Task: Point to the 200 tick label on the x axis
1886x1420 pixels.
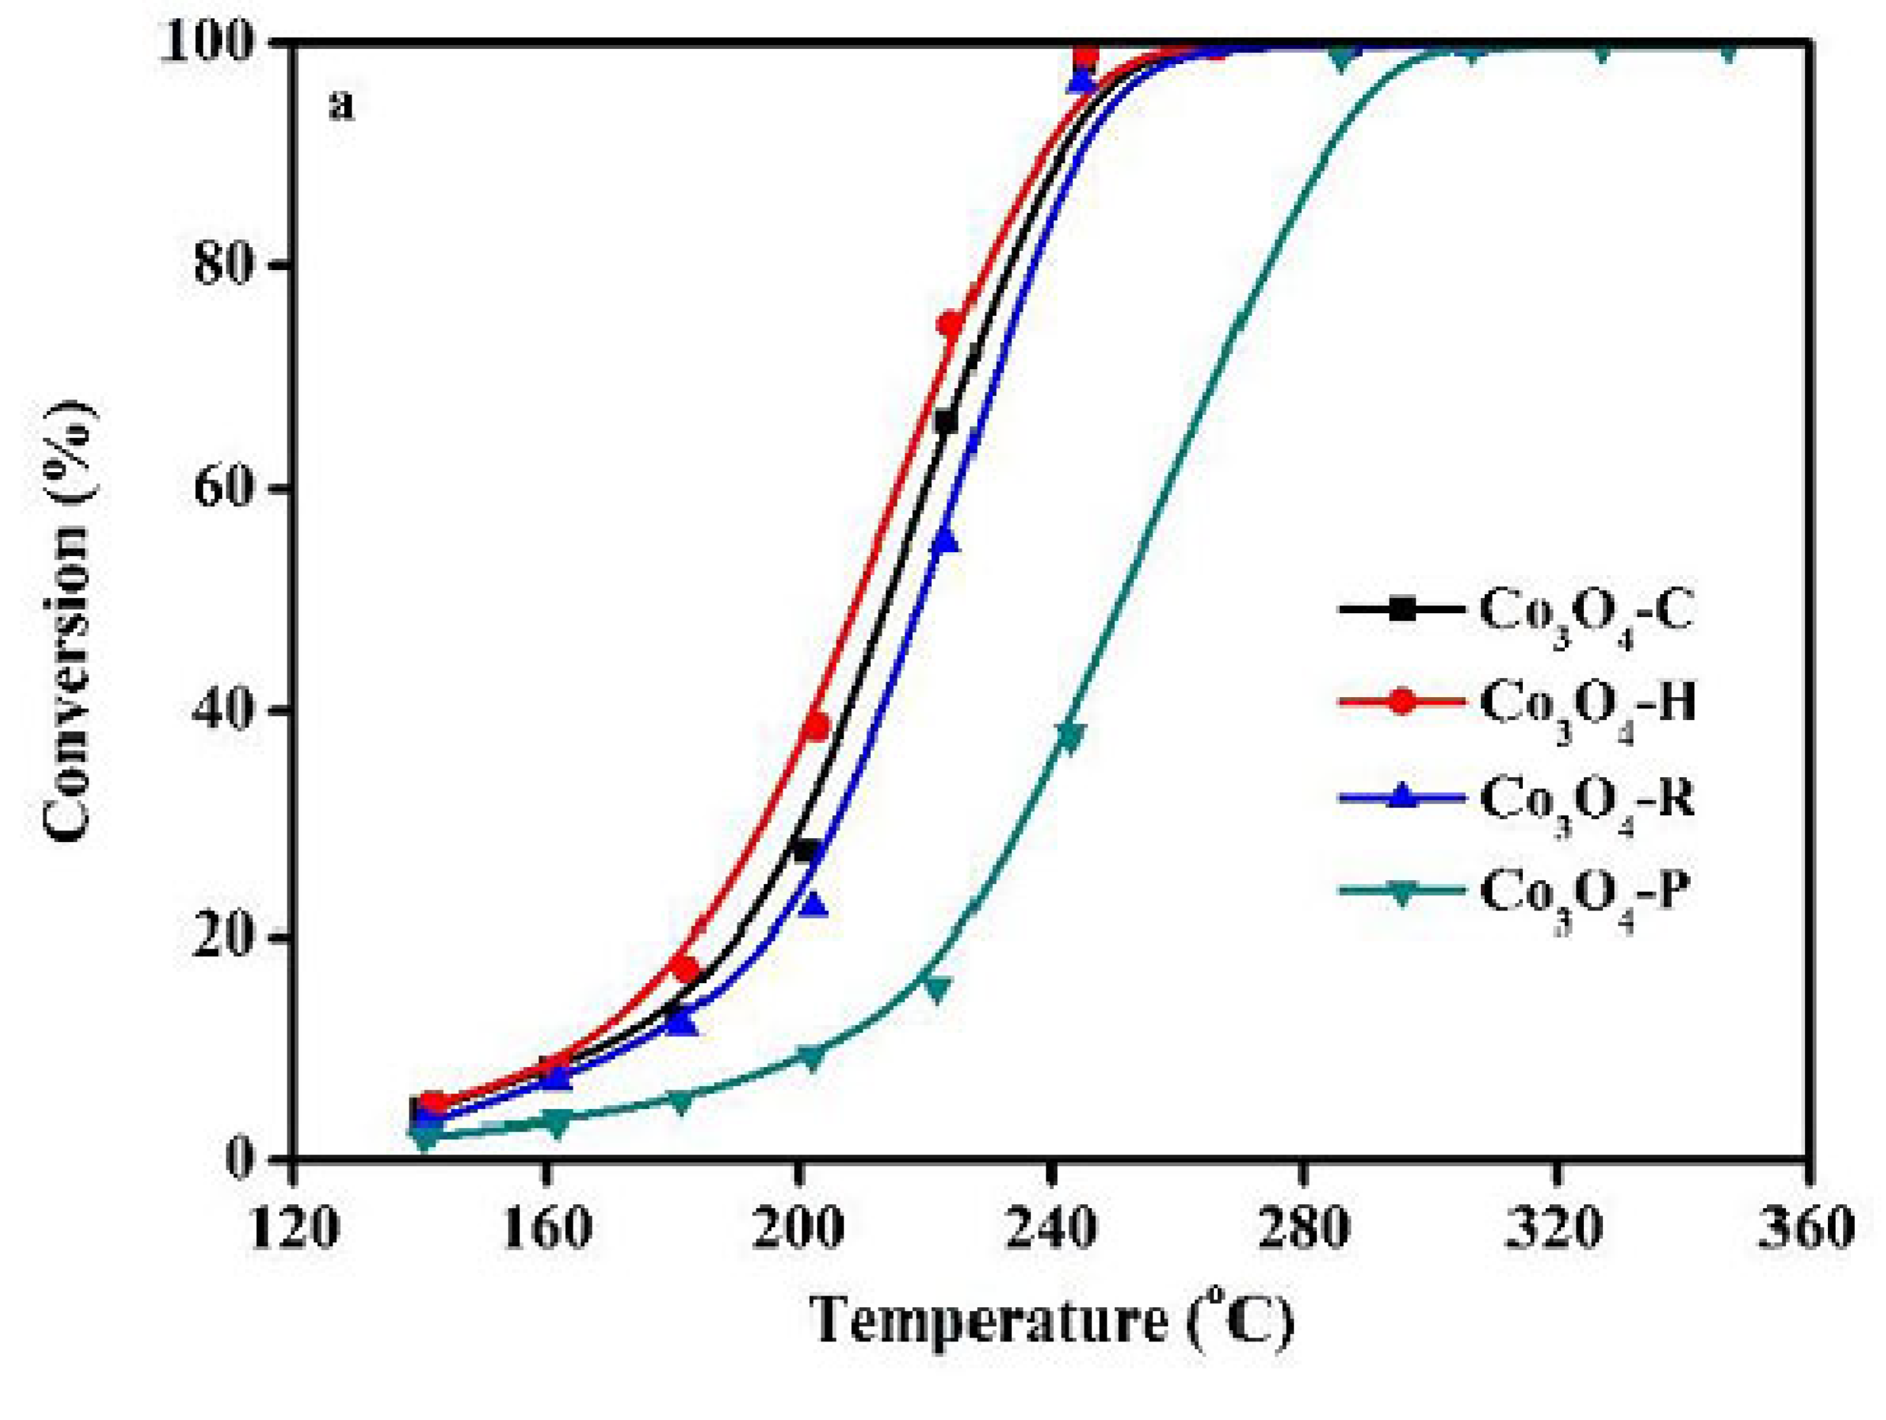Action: click(798, 1229)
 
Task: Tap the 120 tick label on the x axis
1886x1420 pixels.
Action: click(292, 1229)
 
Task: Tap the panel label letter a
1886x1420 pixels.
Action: click(341, 108)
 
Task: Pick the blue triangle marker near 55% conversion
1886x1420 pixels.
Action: click(946, 541)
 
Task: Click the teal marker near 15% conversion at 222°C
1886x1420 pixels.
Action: click(937, 989)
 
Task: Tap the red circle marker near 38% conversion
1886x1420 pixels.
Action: click(817, 727)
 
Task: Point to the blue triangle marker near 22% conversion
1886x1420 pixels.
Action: click(815, 905)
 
